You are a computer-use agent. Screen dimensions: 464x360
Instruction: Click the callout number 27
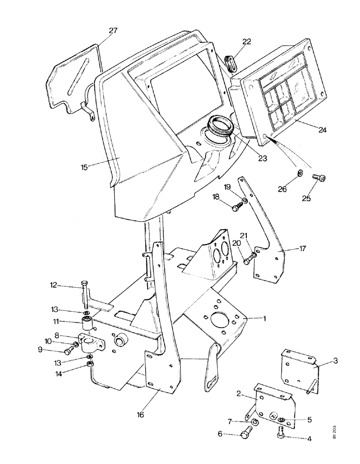(114, 31)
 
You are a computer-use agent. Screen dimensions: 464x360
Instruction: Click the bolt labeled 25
(318, 177)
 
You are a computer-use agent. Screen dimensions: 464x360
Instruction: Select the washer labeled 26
(299, 174)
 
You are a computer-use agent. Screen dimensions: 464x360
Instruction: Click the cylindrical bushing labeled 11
(86, 323)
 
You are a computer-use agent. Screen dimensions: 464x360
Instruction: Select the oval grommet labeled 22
(231, 63)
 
